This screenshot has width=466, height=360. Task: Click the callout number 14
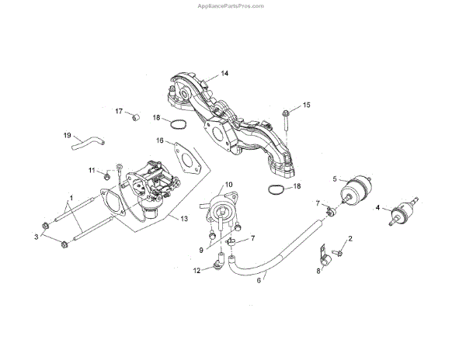click(224, 74)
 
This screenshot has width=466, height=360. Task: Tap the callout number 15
click(306, 105)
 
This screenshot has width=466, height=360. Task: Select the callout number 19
click(67, 135)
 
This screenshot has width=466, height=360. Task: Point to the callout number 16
click(160, 141)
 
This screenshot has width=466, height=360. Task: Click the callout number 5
click(335, 179)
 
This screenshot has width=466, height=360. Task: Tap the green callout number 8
click(317, 271)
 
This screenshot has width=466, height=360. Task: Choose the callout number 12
click(196, 270)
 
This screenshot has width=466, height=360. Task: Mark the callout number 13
click(184, 220)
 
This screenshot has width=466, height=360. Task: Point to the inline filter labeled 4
click(402, 211)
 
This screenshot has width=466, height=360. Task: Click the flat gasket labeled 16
click(186, 157)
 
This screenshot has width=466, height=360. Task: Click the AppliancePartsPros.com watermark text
click(233, 5)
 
